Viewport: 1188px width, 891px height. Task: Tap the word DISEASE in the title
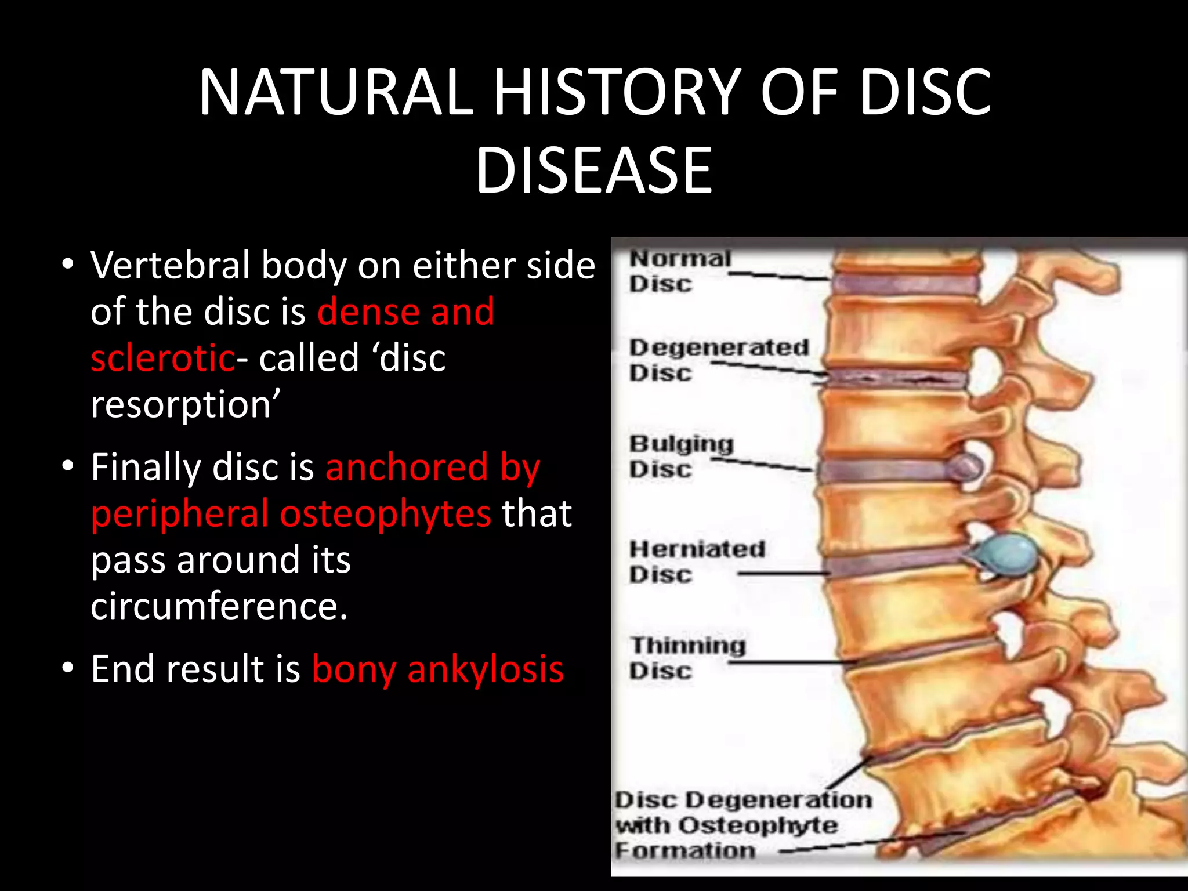[594, 171]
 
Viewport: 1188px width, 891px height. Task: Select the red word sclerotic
[163, 358]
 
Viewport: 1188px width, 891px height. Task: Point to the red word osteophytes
[386, 514]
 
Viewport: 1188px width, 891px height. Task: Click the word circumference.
[219, 607]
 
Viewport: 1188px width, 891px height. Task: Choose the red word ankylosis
[486, 669]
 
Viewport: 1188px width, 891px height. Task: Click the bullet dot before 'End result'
[68, 668]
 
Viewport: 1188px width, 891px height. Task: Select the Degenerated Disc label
[718, 360]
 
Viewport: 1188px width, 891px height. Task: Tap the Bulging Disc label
[681, 456]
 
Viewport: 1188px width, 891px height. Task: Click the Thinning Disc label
[688, 658]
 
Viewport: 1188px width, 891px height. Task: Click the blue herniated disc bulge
[1006, 553]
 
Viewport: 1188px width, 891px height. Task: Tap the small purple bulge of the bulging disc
[966, 468]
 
